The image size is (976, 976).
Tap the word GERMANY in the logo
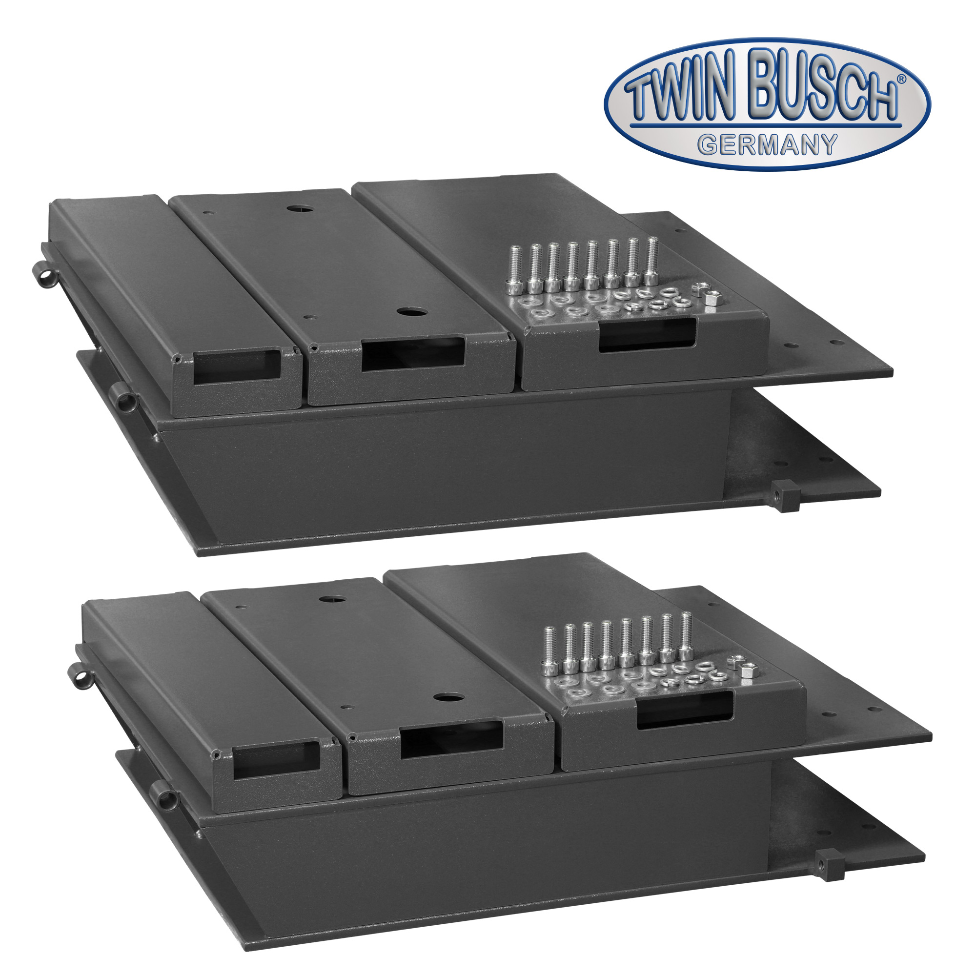(x=767, y=145)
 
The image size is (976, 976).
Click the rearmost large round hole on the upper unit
(x=293, y=209)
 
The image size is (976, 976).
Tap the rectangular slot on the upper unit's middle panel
(x=413, y=354)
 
